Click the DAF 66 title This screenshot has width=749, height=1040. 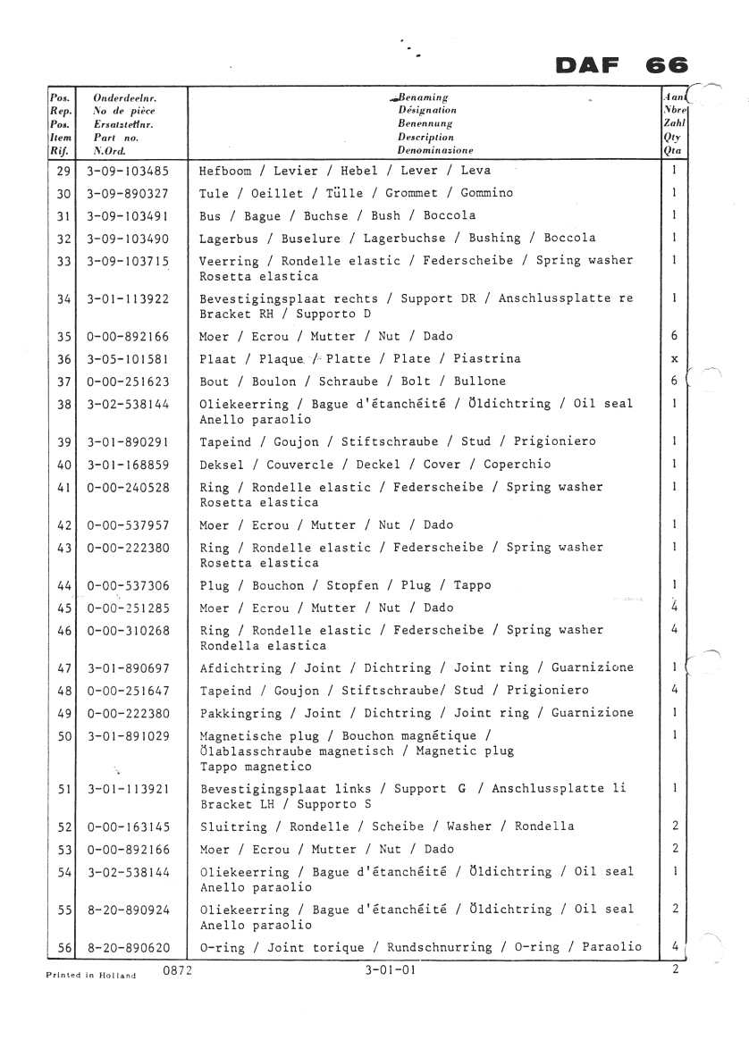pos(621,65)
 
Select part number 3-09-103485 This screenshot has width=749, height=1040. pos(130,170)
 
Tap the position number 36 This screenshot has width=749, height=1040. pos(63,359)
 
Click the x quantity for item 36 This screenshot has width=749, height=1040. pos(674,359)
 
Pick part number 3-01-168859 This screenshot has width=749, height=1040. pos(130,465)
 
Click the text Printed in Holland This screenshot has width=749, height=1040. pos(90,975)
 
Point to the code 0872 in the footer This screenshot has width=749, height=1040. pos(177,969)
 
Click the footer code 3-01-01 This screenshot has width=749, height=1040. pos(389,969)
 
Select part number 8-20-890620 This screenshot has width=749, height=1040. pos(130,947)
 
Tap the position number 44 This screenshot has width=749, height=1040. pos(63,586)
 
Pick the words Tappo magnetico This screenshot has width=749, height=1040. pos(256,767)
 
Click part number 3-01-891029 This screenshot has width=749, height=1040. pos(130,735)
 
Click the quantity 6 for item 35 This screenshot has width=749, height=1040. pos(674,337)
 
